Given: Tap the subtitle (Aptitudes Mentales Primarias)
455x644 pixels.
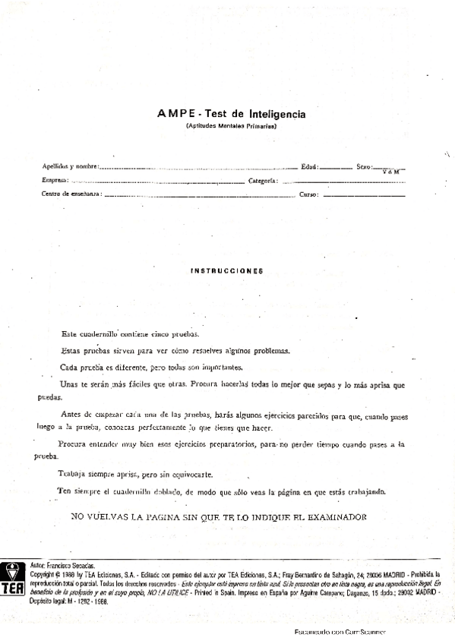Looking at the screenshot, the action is (232, 126).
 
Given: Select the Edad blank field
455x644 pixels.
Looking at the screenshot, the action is (336, 167).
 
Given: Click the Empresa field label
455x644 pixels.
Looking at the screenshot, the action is (55, 181).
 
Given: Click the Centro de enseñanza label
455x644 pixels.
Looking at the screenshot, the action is (71, 194).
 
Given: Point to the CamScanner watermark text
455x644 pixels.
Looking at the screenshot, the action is (340, 632).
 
